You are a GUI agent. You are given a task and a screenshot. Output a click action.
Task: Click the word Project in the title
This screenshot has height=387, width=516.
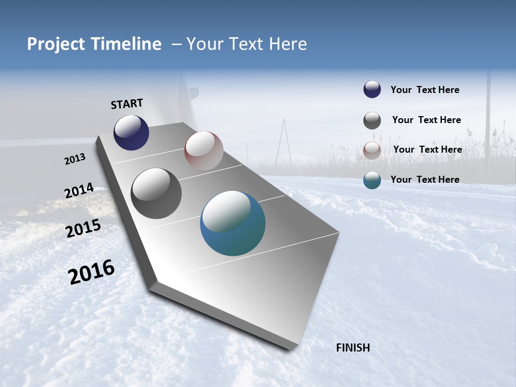55,44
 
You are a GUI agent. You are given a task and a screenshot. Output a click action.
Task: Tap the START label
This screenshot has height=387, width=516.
127,104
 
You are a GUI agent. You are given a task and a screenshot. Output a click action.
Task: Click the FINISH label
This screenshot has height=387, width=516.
353,348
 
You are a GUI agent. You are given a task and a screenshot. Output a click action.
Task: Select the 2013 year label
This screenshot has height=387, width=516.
75,159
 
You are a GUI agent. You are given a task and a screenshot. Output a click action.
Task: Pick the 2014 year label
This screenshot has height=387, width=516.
79,191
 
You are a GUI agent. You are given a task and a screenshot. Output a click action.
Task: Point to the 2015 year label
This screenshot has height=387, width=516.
83,228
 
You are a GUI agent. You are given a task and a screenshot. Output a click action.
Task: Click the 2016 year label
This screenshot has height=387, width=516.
91,272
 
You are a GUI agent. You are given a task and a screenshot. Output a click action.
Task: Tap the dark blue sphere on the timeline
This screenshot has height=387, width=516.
131,132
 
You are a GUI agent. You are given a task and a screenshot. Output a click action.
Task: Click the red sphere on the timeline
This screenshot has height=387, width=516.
204,150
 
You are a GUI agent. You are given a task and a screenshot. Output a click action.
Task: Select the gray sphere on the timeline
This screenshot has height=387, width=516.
156,193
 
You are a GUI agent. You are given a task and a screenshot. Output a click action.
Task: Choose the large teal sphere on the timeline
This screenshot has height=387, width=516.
233,223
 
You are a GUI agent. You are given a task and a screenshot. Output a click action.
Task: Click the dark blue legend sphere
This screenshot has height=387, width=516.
372,90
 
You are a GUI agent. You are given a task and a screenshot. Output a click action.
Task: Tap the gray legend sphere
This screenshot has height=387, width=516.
372,120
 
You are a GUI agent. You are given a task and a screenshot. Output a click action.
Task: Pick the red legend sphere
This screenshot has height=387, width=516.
372,150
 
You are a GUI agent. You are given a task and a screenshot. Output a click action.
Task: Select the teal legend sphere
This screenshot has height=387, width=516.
372,180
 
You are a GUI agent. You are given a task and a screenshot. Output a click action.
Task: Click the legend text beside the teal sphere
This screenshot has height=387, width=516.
425,180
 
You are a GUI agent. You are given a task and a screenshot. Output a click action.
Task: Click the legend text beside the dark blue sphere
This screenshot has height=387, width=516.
425,90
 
